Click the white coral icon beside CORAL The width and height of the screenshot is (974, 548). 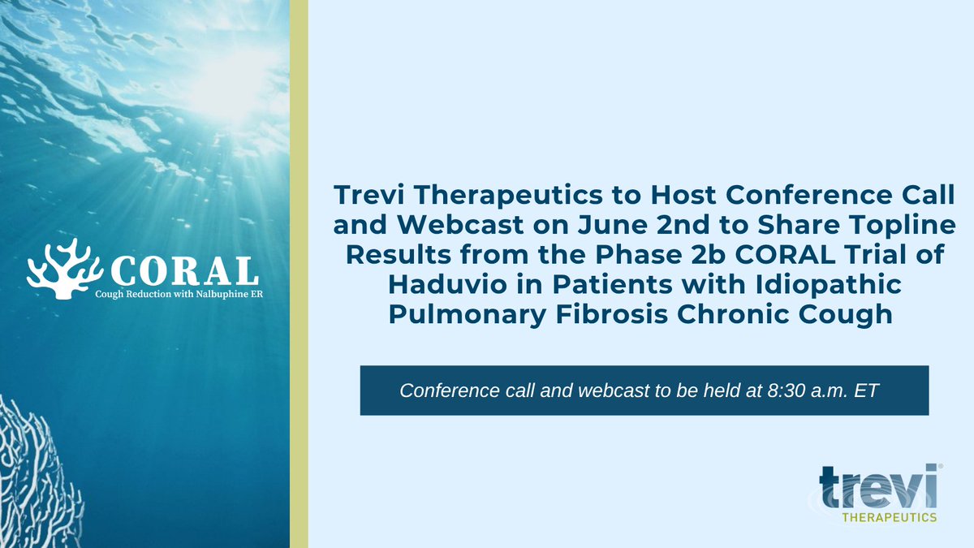64,265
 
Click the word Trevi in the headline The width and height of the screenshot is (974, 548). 371,196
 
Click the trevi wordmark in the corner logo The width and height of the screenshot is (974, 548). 878,487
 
